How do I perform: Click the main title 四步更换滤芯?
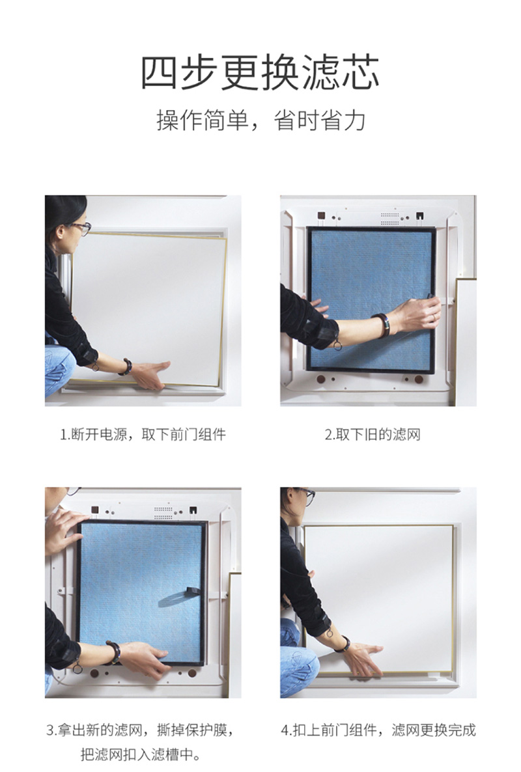pyautogui.click(x=260, y=73)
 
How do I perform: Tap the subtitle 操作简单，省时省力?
pyautogui.click(x=260, y=120)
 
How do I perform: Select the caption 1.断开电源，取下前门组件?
pyautogui.click(x=143, y=435)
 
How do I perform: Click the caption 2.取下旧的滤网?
pyautogui.click(x=373, y=435)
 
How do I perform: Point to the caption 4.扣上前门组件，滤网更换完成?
pyautogui.click(x=378, y=730)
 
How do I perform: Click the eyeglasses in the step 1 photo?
pyautogui.click(x=81, y=228)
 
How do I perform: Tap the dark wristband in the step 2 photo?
pyautogui.click(x=383, y=325)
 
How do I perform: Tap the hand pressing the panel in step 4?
pyautogui.click(x=363, y=659)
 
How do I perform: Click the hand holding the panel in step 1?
pyautogui.click(x=150, y=374)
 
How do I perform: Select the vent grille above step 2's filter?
pyautogui.click(x=390, y=217)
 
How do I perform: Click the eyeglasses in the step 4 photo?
pyautogui.click(x=306, y=496)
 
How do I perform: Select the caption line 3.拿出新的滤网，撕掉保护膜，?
pyautogui.click(x=141, y=730)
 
